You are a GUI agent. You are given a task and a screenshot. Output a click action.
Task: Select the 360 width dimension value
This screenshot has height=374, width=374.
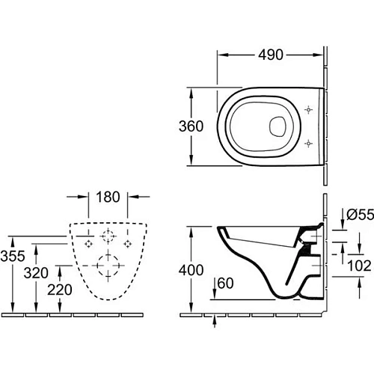click(191, 127)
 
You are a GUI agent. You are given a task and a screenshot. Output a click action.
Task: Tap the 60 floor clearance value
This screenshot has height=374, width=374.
click(228, 283)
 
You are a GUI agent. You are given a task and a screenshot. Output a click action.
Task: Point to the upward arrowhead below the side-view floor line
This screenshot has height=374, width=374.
click(216, 316)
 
